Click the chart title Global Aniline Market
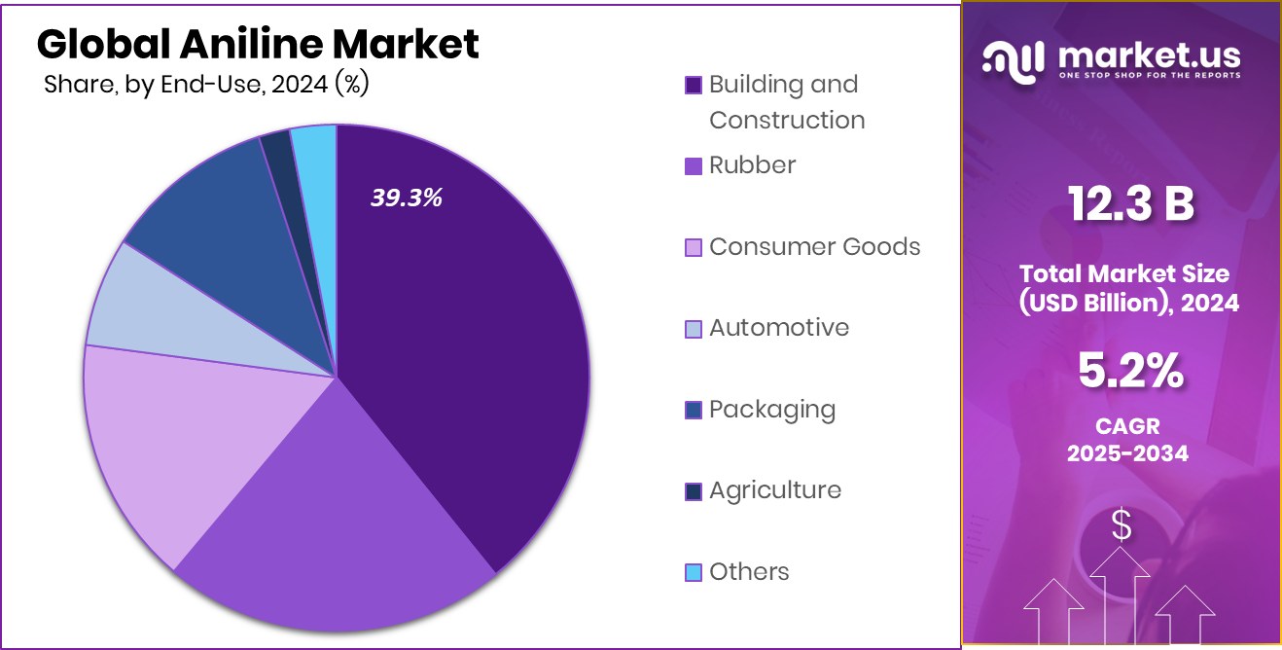coord(258,45)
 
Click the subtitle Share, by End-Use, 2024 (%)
coord(206,85)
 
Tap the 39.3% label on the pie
coord(406,198)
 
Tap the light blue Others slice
coord(315,151)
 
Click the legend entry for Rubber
coord(752,165)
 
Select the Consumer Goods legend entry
coord(814,247)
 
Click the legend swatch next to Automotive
coord(694,329)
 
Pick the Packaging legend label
coord(771,410)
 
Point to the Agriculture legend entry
coord(774,490)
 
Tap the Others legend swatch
coord(694,572)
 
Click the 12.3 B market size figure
coord(1130,205)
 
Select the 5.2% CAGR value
coord(1130,371)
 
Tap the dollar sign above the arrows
coord(1122,526)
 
